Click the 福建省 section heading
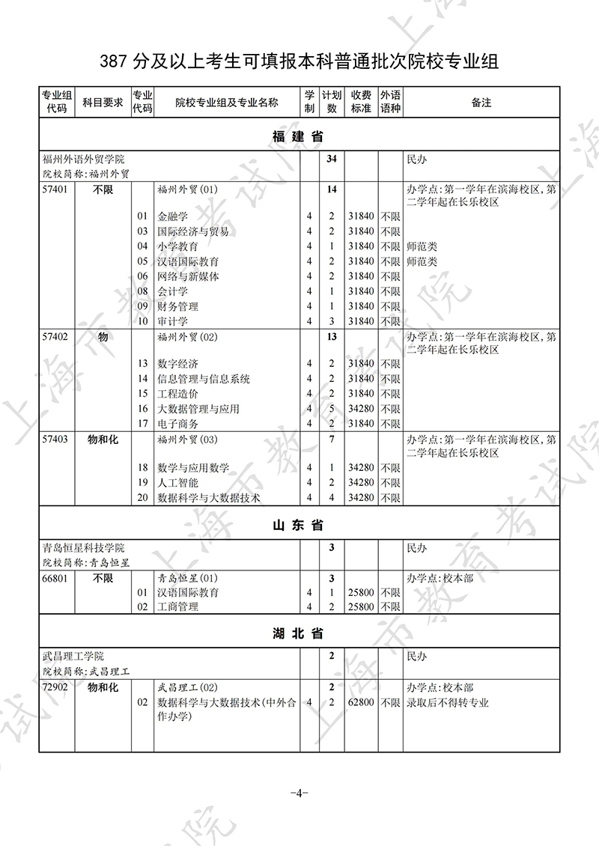coord(298,136)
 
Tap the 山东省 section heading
coord(298,526)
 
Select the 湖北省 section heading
coord(298,633)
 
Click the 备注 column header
coord(481,103)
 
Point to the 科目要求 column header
coord(103,103)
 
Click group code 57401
coord(56,189)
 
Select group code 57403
coord(56,439)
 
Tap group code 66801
coord(56,578)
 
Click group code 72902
coord(56,687)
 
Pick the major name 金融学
coord(173,217)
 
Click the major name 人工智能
coord(178,483)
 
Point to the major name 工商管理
coord(178,607)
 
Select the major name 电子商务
coord(178,424)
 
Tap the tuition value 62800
coord(361,702)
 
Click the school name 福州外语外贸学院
coord(84,159)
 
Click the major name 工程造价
coord(178,394)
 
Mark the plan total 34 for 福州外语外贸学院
coord(332,159)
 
